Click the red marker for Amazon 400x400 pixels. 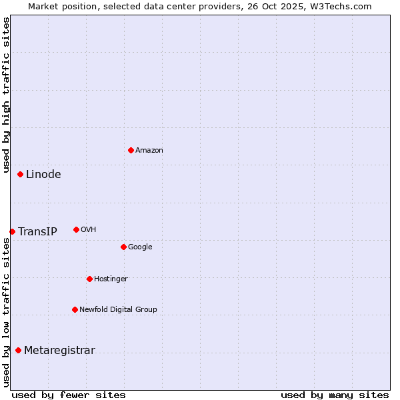(x=131, y=150)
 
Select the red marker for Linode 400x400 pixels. (x=20, y=174)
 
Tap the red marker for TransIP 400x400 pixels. (x=12, y=231)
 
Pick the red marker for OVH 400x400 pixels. (x=76, y=229)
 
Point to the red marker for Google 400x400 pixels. (x=123, y=247)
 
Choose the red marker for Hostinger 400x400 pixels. (x=89, y=279)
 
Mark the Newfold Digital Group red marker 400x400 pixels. (x=75, y=309)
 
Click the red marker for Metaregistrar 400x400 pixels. (x=18, y=350)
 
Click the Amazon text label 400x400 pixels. (x=149, y=151)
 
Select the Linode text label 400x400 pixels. (x=43, y=175)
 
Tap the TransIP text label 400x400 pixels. (x=37, y=232)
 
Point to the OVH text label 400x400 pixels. (x=89, y=230)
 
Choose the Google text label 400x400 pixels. (x=140, y=247)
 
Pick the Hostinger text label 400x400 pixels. (x=111, y=279)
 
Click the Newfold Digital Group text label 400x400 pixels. (x=118, y=310)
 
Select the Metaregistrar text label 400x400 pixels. (x=59, y=351)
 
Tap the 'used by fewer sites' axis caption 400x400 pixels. (x=69, y=395)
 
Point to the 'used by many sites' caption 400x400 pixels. (x=335, y=395)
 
